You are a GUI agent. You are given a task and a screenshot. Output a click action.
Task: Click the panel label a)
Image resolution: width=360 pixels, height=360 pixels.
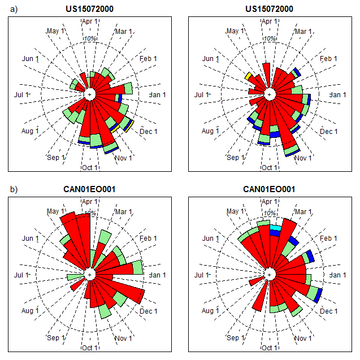[13, 8]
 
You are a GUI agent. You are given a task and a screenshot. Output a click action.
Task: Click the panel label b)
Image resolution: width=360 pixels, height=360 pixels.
[13, 189]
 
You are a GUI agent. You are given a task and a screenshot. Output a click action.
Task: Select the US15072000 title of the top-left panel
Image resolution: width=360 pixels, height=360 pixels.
[89, 8]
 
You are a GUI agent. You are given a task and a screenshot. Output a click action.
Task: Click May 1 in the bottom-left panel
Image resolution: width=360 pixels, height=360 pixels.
[55, 211]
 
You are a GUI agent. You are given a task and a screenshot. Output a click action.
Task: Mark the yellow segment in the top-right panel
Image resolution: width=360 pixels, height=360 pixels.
[248, 76]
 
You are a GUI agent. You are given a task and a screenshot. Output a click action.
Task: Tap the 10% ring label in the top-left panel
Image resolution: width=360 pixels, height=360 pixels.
[90, 38]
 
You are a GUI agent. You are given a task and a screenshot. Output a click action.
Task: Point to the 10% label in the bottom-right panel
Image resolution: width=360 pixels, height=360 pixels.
[270, 214]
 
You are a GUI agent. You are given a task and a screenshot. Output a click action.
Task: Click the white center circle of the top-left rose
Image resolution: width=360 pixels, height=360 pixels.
[89, 94]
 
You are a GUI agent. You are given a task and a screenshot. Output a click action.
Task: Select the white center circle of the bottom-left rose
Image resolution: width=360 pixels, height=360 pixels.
[89, 274]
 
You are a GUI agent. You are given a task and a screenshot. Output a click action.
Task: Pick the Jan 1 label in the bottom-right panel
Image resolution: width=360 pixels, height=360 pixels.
[338, 275]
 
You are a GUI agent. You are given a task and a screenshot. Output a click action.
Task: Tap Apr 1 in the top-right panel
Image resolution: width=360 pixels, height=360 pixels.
[270, 21]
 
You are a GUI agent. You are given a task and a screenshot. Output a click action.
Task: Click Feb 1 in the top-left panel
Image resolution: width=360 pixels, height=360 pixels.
[148, 58]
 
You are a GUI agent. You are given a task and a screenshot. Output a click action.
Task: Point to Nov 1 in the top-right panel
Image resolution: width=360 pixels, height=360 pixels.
[303, 158]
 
